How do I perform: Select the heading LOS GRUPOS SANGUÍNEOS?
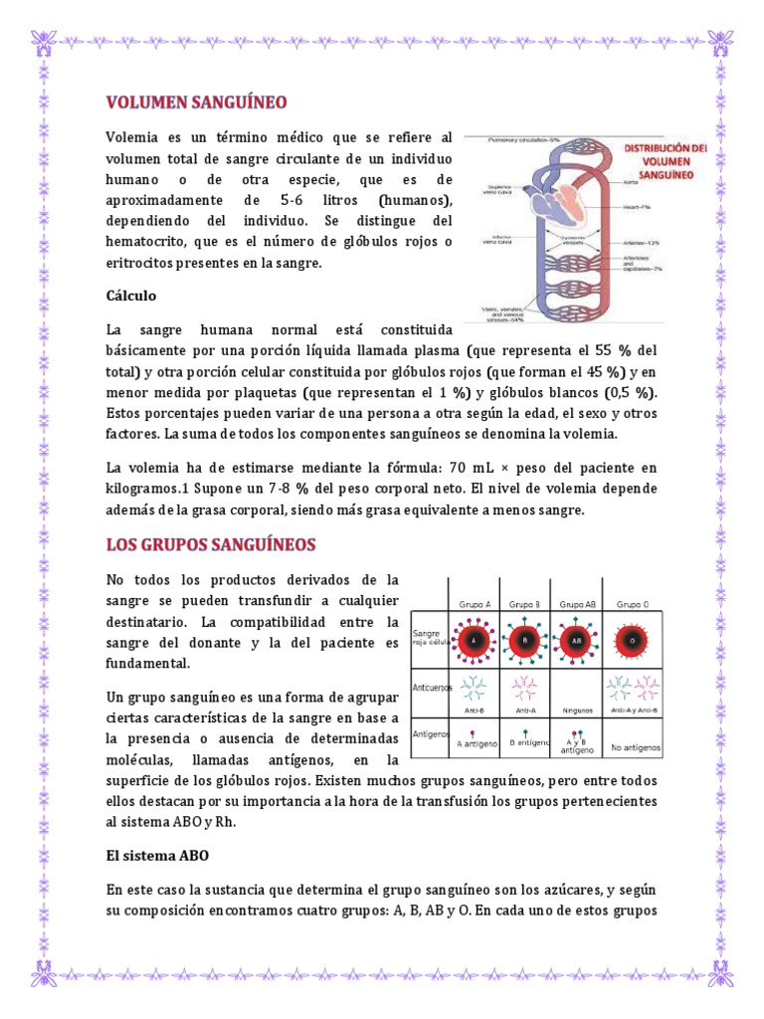click(x=211, y=544)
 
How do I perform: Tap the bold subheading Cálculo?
click(x=131, y=296)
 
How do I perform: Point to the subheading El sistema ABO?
click(x=157, y=855)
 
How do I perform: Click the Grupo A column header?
click(x=473, y=604)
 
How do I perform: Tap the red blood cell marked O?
click(x=632, y=640)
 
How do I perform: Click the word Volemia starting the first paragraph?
click(x=131, y=136)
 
